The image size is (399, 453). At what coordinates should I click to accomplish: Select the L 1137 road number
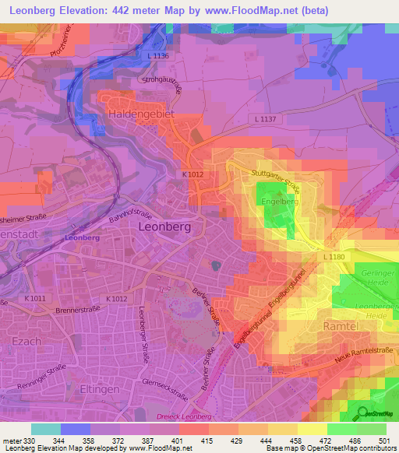coord(267,118)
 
